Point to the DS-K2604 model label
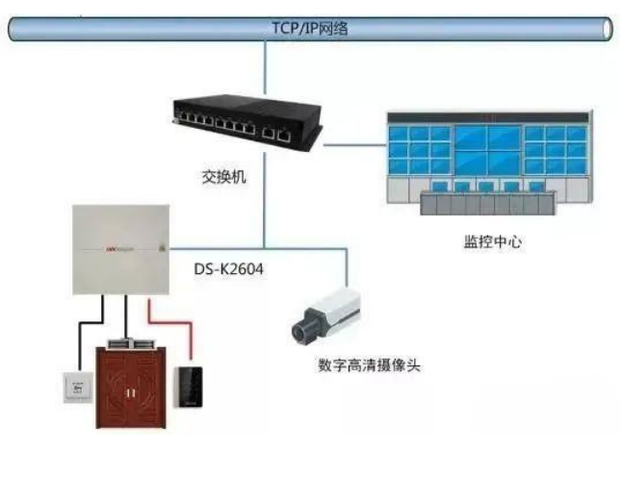(228, 272)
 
